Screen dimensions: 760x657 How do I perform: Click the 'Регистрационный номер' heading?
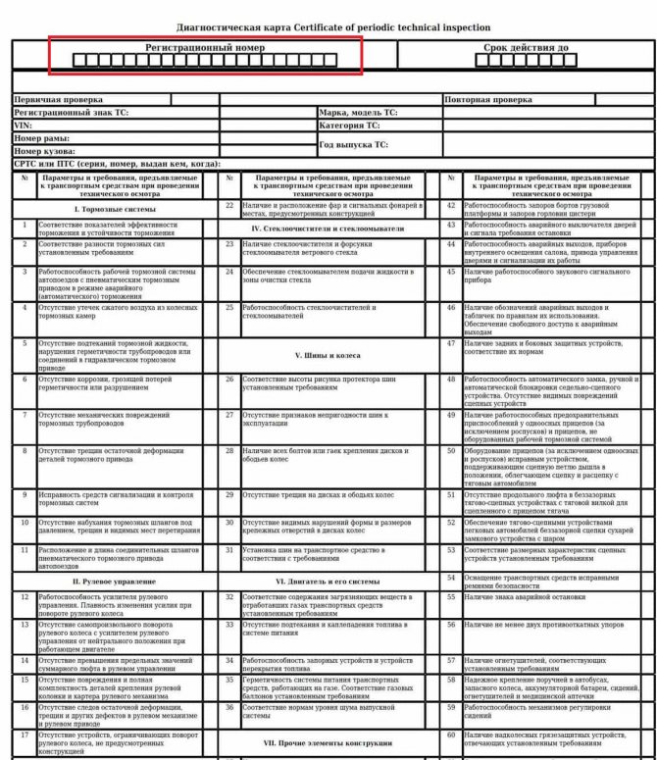[x=205, y=47]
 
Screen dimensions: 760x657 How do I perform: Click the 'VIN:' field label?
[x=21, y=126]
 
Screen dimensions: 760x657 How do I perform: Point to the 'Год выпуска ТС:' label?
[x=355, y=144]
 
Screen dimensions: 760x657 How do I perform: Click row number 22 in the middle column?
[x=228, y=205]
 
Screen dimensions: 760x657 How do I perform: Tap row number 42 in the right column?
[x=451, y=205]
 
